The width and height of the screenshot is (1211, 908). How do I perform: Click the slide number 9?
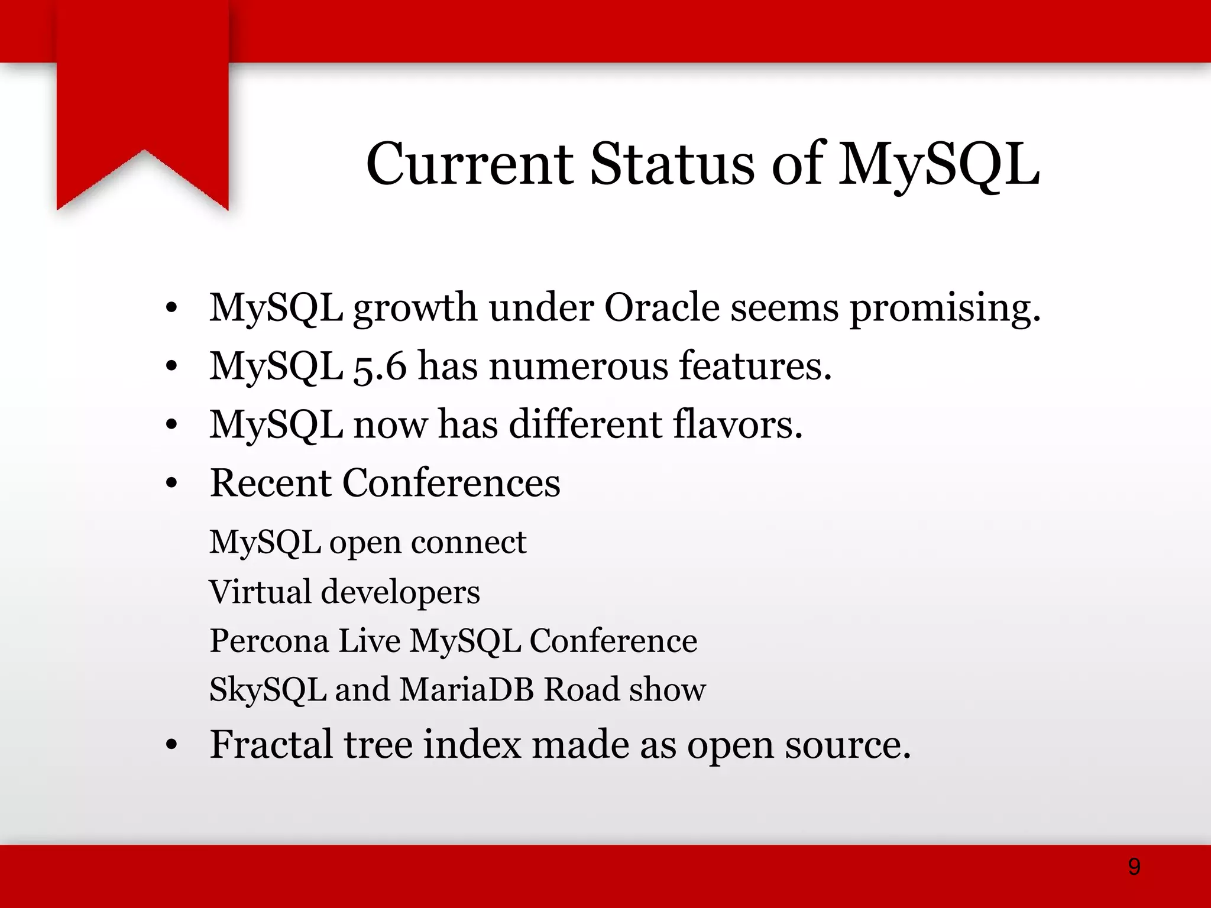click(1134, 867)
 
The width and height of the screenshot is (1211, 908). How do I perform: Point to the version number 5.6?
click(380, 367)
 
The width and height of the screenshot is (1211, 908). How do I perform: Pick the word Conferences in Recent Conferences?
click(451, 483)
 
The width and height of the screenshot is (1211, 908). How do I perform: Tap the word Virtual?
click(260, 592)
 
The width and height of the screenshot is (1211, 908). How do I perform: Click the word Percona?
click(269, 641)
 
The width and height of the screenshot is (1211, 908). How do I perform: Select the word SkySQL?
click(268, 690)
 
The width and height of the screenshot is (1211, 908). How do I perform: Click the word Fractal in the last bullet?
click(271, 744)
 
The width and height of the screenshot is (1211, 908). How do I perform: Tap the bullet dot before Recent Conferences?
click(171, 484)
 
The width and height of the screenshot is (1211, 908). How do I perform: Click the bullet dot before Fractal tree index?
click(171, 745)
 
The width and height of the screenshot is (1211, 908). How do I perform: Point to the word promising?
click(944, 309)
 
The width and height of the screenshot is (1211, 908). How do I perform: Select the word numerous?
click(578, 366)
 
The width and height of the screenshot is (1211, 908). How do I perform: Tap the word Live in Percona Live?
click(369, 641)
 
